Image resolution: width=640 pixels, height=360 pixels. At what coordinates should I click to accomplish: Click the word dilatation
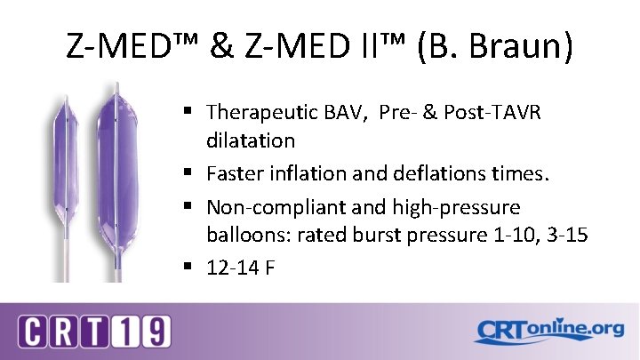251,140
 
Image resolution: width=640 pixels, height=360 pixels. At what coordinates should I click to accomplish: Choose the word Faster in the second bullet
236,173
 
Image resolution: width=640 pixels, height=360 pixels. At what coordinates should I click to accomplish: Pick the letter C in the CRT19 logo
33,332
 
